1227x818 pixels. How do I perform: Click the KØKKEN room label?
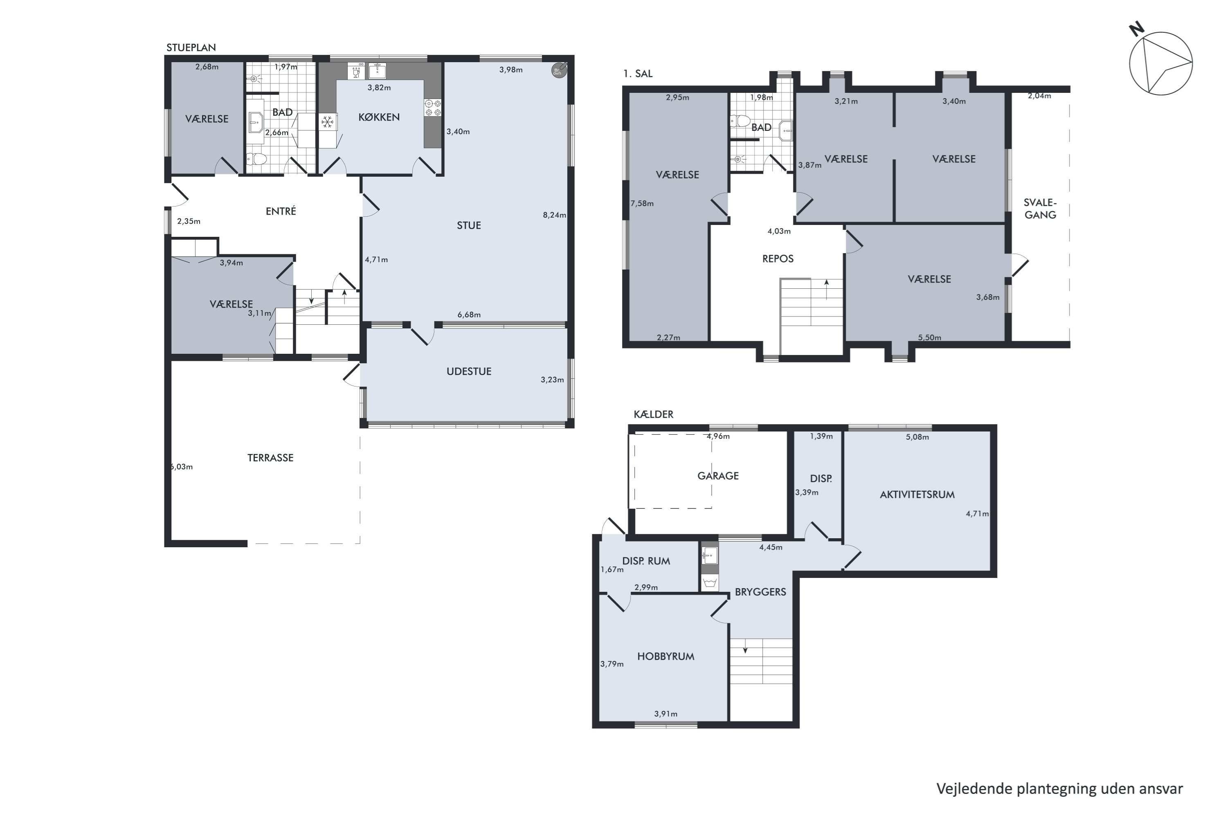click(x=379, y=117)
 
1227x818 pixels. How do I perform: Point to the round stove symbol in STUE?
click(x=559, y=70)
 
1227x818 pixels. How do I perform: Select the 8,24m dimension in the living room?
click(x=554, y=215)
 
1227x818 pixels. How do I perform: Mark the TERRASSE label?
click(x=270, y=458)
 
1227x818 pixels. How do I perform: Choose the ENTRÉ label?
click(x=281, y=211)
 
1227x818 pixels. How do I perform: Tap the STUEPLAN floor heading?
click(x=191, y=47)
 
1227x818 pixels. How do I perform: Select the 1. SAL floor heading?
click(x=638, y=74)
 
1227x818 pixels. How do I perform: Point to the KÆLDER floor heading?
click(x=653, y=414)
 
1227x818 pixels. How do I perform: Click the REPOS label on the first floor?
click(x=778, y=259)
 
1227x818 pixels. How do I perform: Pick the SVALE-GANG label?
click(x=1040, y=209)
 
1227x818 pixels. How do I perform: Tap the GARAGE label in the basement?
click(x=718, y=476)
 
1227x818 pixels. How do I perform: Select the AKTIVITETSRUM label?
click(x=917, y=494)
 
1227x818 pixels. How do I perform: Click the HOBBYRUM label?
click(x=666, y=657)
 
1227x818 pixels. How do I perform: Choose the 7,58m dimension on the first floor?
click(x=642, y=203)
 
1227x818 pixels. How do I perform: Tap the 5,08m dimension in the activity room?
click(x=917, y=437)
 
